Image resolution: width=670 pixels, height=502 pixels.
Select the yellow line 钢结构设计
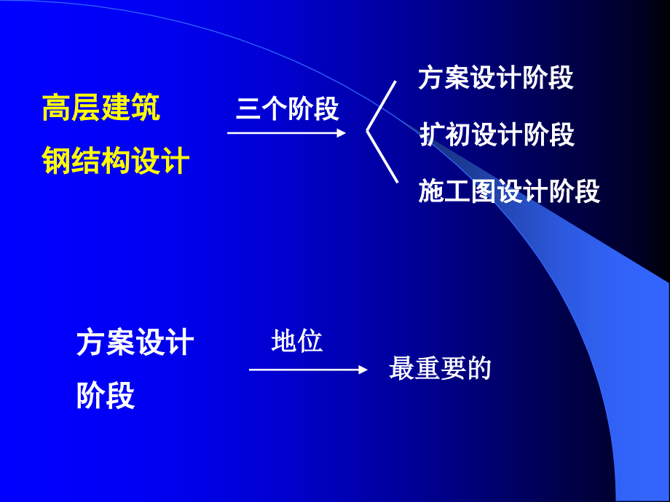click(x=116, y=161)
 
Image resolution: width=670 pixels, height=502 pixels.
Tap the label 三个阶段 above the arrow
click(x=287, y=109)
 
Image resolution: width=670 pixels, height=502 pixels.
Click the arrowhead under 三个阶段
click(x=340, y=132)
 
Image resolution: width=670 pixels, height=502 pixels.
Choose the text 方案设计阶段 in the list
click(x=496, y=79)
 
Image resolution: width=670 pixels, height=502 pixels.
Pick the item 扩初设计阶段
click(x=497, y=135)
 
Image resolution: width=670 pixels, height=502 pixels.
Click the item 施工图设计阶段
click(x=509, y=191)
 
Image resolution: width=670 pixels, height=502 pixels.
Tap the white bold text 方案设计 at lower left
click(x=135, y=343)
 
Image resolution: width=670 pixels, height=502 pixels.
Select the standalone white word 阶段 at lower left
click(x=106, y=397)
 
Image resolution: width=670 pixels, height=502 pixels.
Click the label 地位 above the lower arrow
click(x=296, y=341)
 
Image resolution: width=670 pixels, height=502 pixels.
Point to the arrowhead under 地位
click(x=363, y=370)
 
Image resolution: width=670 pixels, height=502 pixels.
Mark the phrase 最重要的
click(x=440, y=369)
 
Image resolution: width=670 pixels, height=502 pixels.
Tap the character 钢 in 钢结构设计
click(x=57, y=161)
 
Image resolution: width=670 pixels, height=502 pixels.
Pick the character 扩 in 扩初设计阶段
click(x=433, y=135)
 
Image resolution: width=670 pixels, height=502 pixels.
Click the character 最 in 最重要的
click(x=402, y=369)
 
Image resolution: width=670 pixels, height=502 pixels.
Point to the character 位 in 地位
click(x=310, y=341)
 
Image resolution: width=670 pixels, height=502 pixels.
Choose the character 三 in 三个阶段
click(x=248, y=109)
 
